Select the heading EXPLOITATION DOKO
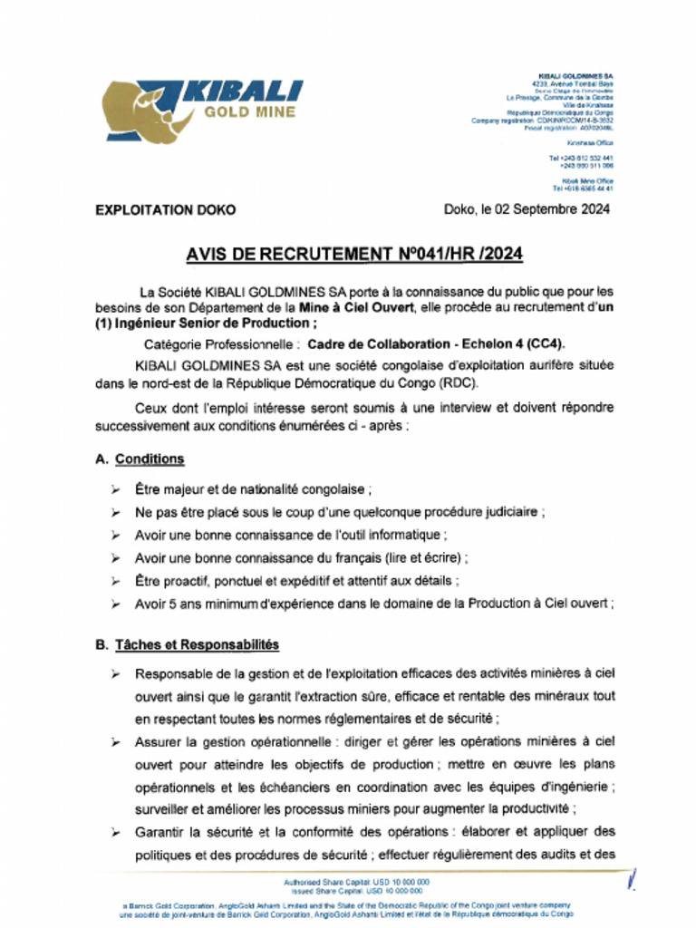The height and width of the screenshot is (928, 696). [x=165, y=209]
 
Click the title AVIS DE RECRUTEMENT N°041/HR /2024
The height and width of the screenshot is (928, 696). [x=353, y=255]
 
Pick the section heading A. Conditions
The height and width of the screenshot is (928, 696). [x=140, y=459]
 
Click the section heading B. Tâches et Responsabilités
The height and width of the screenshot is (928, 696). [x=187, y=645]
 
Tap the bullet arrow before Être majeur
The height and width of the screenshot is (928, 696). [x=116, y=489]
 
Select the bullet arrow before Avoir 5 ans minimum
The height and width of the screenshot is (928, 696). [x=116, y=603]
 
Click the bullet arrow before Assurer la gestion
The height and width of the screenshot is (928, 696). [x=116, y=741]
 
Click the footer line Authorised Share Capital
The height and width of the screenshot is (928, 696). [x=355, y=881]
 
